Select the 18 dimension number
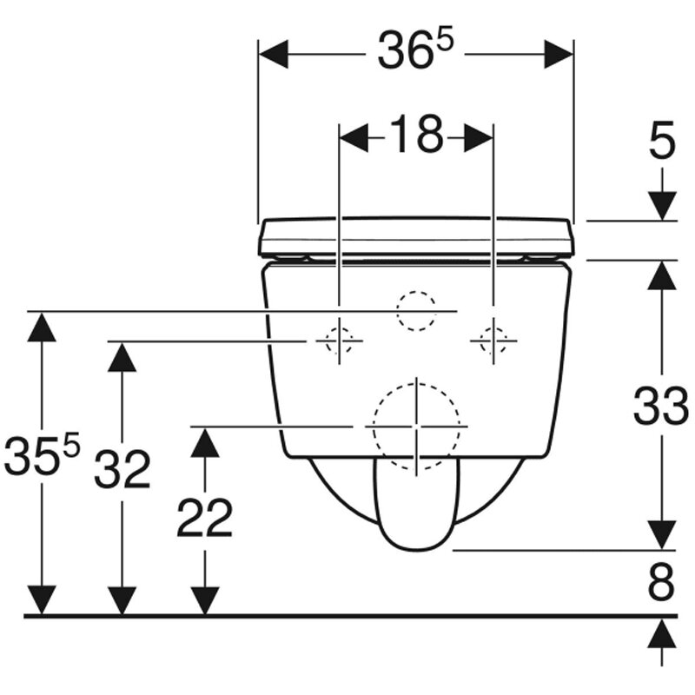pyautogui.click(x=416, y=135)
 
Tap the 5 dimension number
pyautogui.click(x=662, y=140)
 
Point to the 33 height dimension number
pyautogui.click(x=661, y=407)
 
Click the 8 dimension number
pyautogui.click(x=661, y=581)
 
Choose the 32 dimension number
pyautogui.click(x=122, y=469)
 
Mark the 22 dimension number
pyautogui.click(x=205, y=517)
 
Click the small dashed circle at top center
pyautogui.click(x=416, y=311)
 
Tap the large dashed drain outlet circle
pyautogui.click(x=416, y=427)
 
